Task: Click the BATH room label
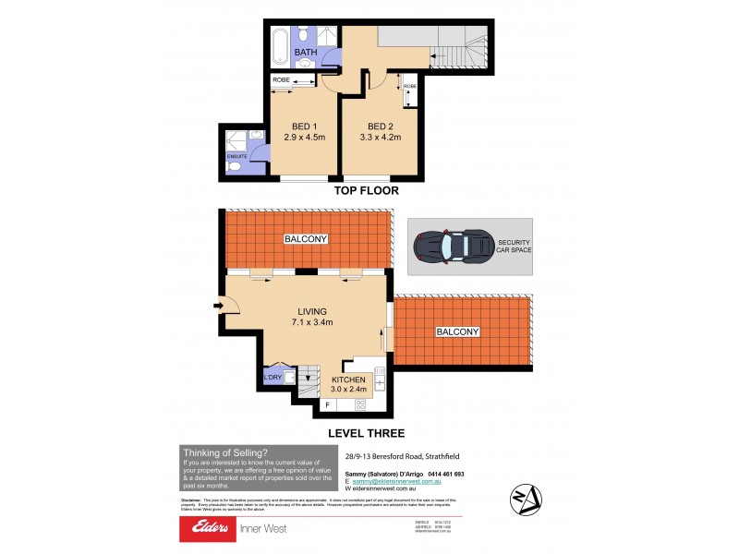(x=306, y=53)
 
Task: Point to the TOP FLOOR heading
(x=369, y=191)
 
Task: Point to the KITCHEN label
(x=349, y=379)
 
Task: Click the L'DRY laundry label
(x=273, y=377)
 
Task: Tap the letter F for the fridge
(x=326, y=404)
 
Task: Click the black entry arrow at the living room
(x=216, y=306)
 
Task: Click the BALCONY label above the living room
(x=306, y=239)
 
